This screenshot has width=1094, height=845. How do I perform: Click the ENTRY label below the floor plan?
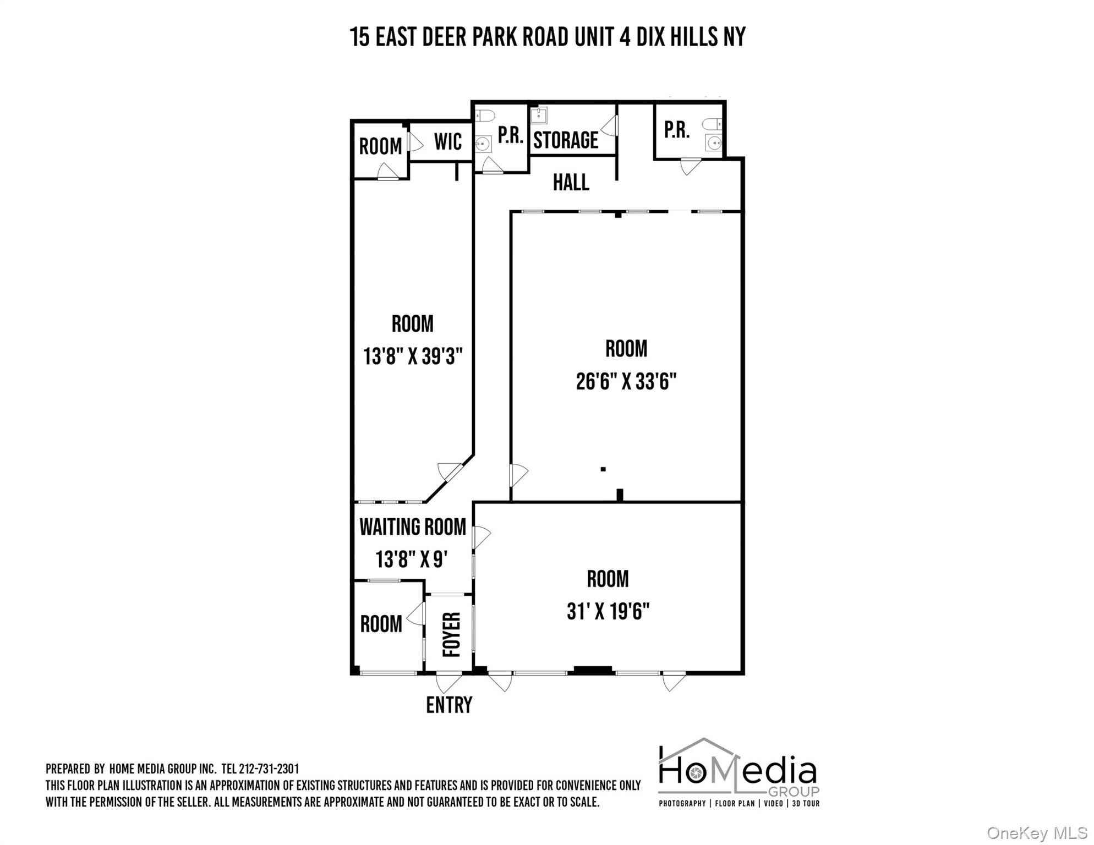click(449, 705)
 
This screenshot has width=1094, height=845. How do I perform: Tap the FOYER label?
click(451, 634)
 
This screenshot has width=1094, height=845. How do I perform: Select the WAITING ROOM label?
click(413, 527)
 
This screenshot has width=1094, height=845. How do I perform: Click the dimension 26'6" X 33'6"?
click(626, 381)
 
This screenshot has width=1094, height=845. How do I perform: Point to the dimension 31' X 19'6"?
click(608, 611)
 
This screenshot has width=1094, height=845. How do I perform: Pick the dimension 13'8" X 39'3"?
click(413, 356)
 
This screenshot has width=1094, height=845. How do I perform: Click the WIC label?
click(447, 142)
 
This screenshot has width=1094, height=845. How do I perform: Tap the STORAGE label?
click(566, 140)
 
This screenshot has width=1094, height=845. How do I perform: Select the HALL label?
click(571, 183)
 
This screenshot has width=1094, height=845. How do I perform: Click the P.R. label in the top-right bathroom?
click(676, 130)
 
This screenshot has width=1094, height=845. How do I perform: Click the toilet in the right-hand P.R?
click(712, 124)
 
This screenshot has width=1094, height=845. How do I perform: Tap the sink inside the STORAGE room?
click(538, 116)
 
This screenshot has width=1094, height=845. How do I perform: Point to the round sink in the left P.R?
click(483, 144)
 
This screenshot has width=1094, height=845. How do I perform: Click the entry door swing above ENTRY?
click(448, 683)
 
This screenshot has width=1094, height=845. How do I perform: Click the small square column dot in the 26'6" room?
click(603, 469)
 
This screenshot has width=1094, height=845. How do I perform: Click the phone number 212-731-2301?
click(269, 769)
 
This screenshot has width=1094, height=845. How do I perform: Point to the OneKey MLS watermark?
click(1036, 833)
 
